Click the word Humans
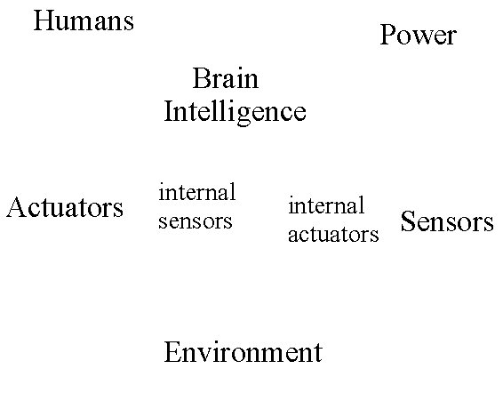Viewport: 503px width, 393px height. pos(84,20)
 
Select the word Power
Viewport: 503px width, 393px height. pos(418,35)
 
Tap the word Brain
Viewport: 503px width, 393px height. pos(226,78)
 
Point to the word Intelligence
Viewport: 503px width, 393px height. pos(236,112)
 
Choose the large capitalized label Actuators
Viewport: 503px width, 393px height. pos(65,207)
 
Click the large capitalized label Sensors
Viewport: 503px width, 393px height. pos(447,221)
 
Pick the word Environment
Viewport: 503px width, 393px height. pos(244,352)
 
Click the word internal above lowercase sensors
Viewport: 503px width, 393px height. pos(197,192)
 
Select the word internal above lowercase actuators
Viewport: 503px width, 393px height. pos(326,205)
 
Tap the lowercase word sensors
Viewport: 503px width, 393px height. pos(195,221)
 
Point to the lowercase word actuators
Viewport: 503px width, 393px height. pos(333,235)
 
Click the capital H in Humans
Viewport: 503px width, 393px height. pos(43,20)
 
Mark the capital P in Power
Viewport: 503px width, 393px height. pos(387,35)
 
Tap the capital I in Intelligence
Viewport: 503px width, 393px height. pos(169,111)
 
